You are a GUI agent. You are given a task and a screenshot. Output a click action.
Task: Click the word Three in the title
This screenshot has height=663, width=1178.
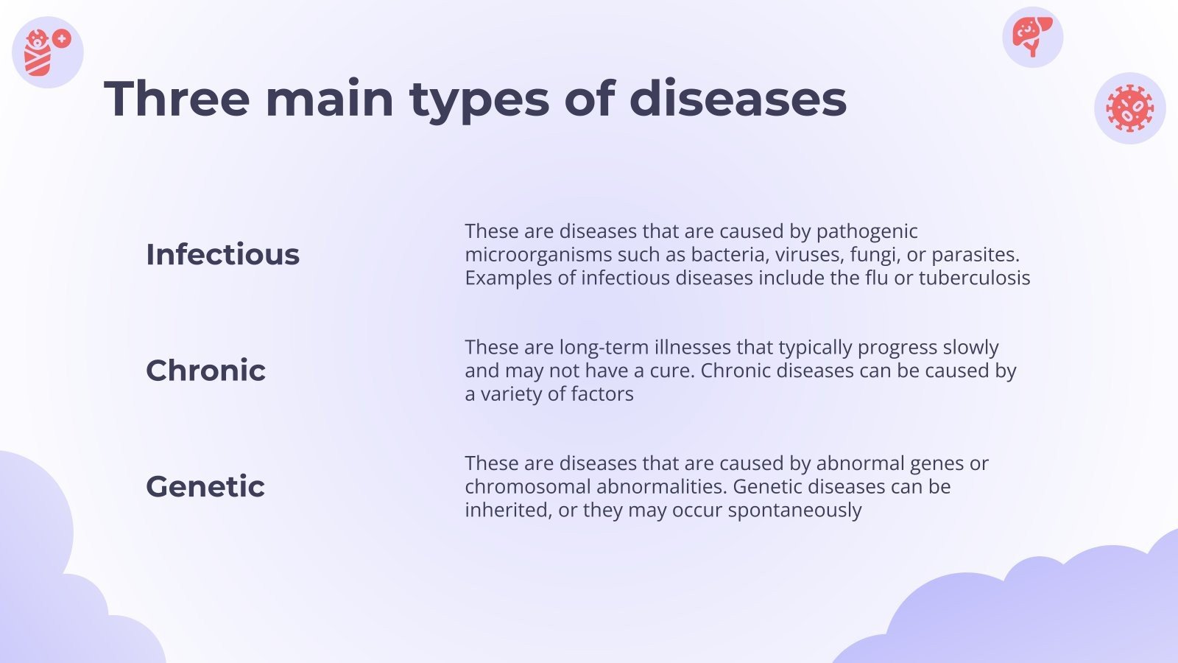[177, 99]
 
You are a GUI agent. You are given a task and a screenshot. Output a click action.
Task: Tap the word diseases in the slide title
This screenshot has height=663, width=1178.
[738, 99]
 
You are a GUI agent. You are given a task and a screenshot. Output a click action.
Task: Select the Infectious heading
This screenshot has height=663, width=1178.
[222, 255]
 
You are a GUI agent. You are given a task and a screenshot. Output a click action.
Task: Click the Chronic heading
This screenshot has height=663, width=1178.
[205, 371]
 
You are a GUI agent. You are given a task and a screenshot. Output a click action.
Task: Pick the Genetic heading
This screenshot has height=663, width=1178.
[205, 487]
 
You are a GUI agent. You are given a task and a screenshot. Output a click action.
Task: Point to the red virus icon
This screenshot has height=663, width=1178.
[1129, 108]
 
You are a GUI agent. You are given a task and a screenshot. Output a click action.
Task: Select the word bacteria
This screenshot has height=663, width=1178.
[727, 255]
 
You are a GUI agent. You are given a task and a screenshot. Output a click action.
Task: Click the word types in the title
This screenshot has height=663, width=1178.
[479, 100]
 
